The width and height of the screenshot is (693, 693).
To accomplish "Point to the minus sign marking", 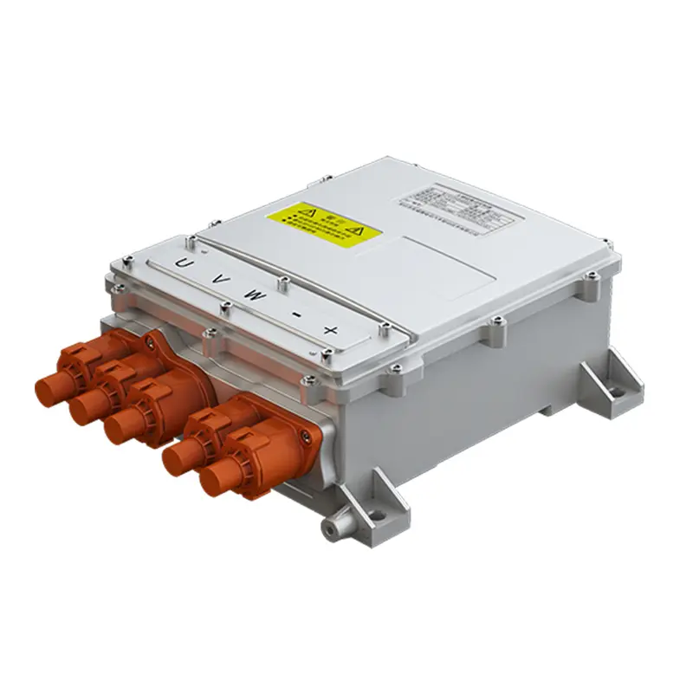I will [x=295, y=314].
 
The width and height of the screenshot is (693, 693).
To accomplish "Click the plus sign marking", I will [x=330, y=330].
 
